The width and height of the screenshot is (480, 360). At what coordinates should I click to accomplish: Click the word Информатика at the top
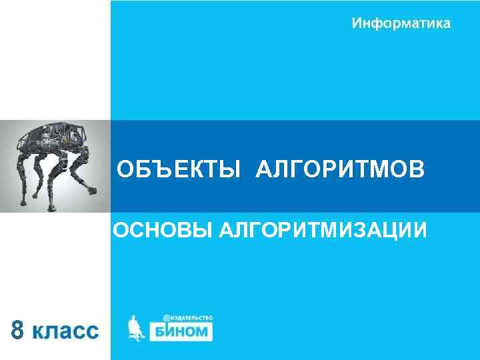click(x=401, y=23)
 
